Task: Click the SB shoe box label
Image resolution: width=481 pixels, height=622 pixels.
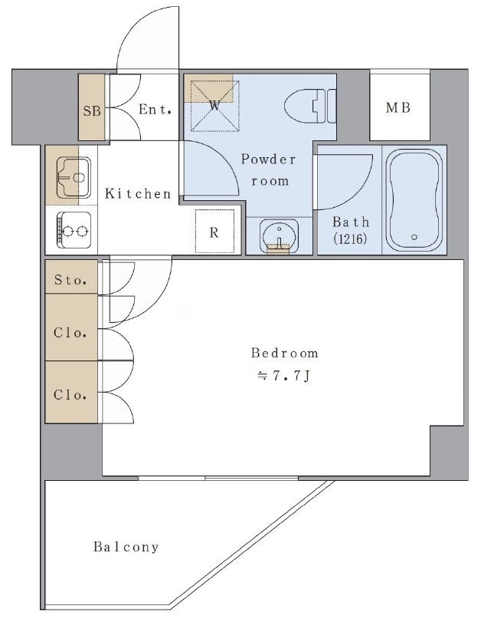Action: [92, 110]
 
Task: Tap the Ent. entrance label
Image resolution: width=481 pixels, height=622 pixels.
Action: [155, 109]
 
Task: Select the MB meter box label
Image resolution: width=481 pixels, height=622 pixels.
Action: [398, 107]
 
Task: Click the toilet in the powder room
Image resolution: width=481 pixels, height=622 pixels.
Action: [310, 106]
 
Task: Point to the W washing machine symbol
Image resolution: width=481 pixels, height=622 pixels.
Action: [215, 106]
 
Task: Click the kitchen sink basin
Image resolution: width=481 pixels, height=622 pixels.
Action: [74, 177]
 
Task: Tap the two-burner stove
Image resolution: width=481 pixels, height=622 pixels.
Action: [74, 230]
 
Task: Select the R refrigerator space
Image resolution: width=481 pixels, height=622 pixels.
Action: [214, 232]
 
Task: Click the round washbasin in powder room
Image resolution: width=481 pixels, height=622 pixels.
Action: [279, 235]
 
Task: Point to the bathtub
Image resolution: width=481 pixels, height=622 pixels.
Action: [414, 200]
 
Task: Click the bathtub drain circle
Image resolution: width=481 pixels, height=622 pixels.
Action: [414, 237]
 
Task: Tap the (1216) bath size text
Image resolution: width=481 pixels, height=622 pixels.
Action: [350, 239]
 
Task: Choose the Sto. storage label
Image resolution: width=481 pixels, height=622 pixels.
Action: [70, 280]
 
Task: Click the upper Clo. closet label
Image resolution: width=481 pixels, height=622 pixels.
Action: [70, 332]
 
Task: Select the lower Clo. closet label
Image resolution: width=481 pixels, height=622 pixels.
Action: [70, 395]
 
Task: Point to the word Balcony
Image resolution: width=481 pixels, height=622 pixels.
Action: [126, 547]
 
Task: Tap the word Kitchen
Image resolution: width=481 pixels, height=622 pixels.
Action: [138, 193]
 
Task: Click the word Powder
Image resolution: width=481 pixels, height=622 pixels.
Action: [268, 160]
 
